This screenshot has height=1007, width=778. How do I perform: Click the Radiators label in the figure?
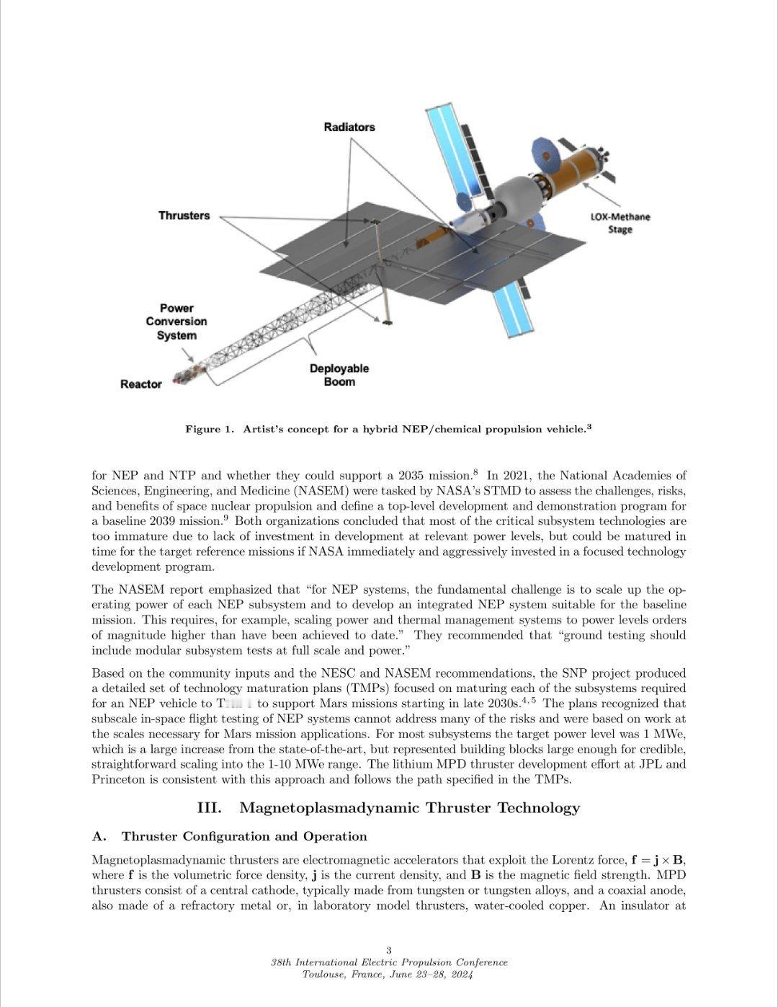[x=349, y=128]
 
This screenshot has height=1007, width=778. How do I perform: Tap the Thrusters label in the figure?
[x=184, y=216]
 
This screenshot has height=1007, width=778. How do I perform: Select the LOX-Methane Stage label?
[x=620, y=223]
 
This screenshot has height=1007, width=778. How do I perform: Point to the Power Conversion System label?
[x=176, y=321]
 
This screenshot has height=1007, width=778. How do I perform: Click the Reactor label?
[x=141, y=384]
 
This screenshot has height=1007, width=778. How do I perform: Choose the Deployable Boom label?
[x=339, y=375]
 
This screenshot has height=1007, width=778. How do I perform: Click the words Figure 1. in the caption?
[x=210, y=430]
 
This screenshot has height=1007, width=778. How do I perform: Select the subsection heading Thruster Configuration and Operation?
[x=244, y=836]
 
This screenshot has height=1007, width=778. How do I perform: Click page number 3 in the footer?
[x=389, y=950]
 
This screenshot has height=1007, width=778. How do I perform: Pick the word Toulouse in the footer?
[x=324, y=975]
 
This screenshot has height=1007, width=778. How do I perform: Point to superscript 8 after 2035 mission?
[x=475, y=472]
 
